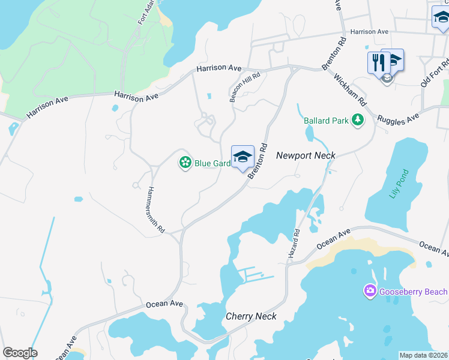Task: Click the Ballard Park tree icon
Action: [358, 121]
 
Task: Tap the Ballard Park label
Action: [326, 121]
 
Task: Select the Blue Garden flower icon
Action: [185, 163]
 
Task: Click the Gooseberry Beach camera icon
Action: [370, 292]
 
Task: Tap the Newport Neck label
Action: [306, 155]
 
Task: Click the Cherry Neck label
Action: [251, 316]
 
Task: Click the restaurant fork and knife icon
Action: [378, 62]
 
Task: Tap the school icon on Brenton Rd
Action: [243, 157]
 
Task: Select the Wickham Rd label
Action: [348, 90]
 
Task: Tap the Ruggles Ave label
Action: [397, 118]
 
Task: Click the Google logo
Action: [20, 353]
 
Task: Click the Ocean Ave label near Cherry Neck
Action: [164, 304]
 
